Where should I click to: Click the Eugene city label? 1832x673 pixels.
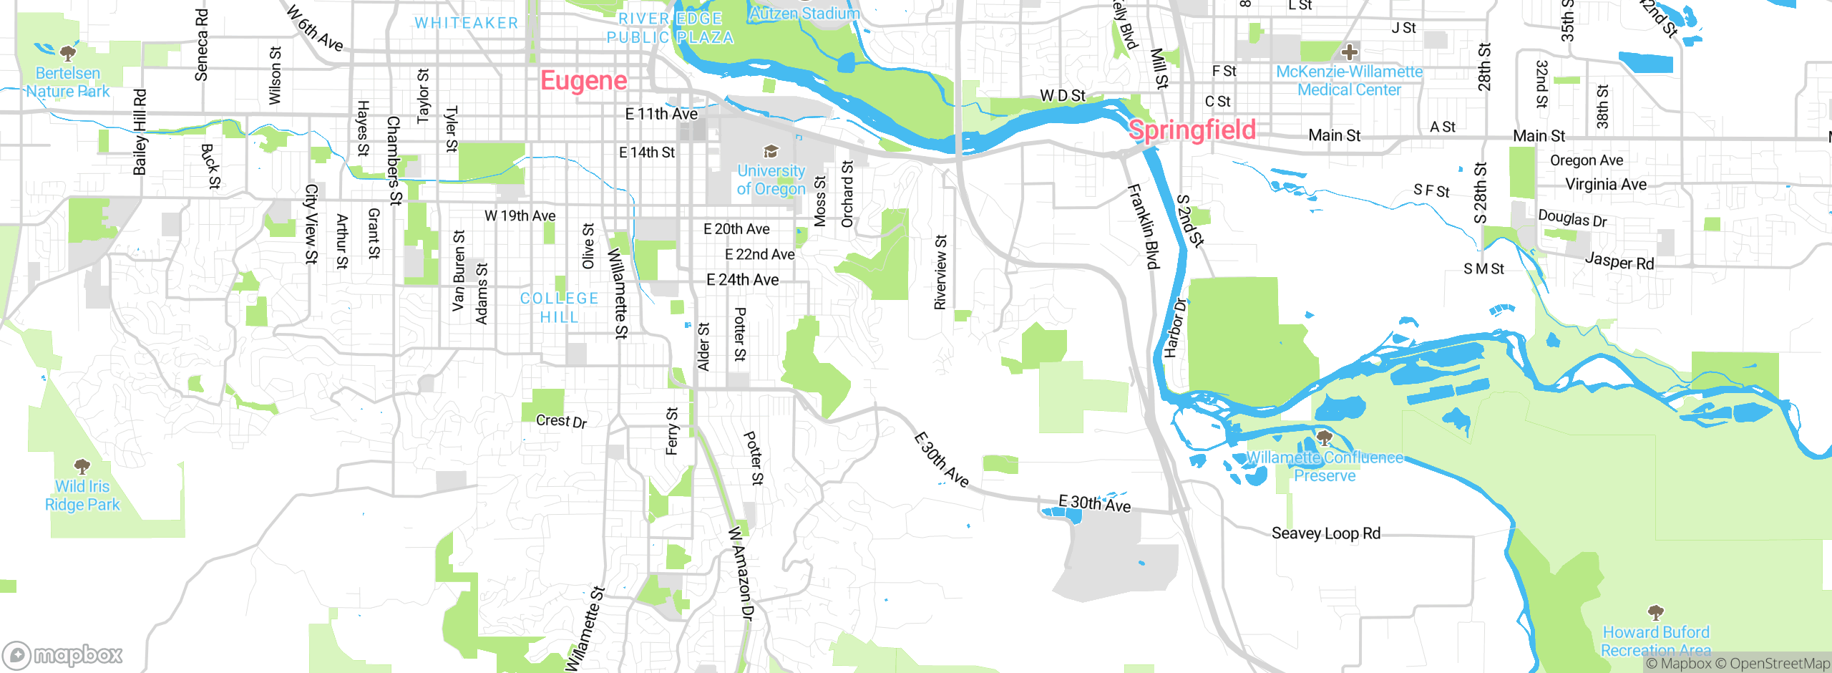583,81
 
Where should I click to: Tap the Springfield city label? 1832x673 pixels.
1192,130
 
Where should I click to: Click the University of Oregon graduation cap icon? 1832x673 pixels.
771,151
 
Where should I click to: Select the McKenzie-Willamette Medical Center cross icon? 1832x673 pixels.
1350,52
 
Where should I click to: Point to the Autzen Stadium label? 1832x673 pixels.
804,14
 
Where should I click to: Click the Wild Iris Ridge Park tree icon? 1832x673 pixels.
82,467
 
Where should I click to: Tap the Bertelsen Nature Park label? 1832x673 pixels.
68,82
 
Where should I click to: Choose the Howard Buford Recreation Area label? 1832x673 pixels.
1656,641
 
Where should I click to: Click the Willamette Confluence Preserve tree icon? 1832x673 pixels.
1325,437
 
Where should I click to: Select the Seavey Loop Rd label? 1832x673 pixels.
1325,533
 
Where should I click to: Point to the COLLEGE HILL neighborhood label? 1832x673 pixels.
559,308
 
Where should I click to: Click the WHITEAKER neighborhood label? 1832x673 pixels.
467,23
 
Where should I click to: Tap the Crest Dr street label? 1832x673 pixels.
561,421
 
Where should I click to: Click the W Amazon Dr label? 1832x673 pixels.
741,573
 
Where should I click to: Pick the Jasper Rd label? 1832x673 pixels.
1619,261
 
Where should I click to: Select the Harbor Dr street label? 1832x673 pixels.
1174,328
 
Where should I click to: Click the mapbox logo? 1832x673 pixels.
63,654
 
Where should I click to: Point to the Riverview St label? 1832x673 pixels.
940,272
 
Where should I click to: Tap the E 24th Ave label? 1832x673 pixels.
742,280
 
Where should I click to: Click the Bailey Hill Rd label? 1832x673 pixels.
140,132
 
